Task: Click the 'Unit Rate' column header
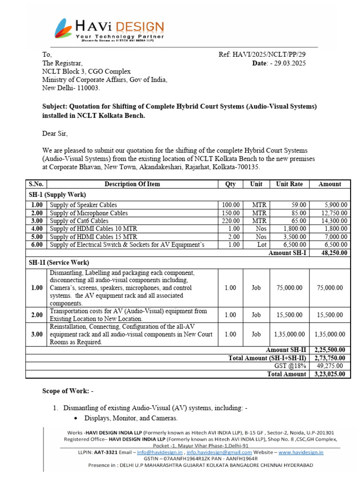click(x=289, y=184)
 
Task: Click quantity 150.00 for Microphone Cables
click(x=230, y=213)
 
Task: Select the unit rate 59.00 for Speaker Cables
click(x=299, y=205)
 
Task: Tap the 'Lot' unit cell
click(x=256, y=245)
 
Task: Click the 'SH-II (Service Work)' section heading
click(x=59, y=262)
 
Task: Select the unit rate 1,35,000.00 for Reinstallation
click(x=289, y=334)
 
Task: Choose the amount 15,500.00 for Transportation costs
click(x=330, y=315)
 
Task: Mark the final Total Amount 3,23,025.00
click(x=330, y=374)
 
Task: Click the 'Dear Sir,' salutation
click(x=55, y=134)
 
